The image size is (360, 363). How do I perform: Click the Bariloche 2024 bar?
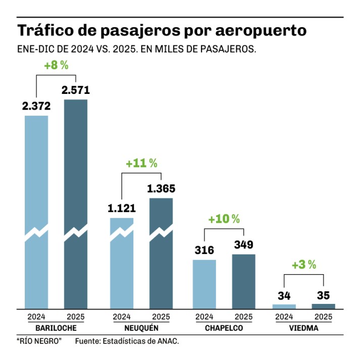click(x=37, y=212)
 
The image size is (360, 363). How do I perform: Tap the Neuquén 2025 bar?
click(x=161, y=252)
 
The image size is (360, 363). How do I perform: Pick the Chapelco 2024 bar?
click(x=204, y=283)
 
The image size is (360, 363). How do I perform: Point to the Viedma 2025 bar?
click(x=323, y=306)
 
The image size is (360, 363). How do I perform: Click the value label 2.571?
click(x=76, y=90)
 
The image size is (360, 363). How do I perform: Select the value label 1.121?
click(x=122, y=208)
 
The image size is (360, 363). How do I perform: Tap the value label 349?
click(x=243, y=245)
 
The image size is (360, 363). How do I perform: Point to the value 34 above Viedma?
click(x=284, y=295)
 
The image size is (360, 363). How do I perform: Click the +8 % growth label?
click(x=56, y=65)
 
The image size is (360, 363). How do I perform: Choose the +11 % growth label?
click(x=141, y=164)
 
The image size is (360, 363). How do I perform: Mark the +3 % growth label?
click(x=303, y=264)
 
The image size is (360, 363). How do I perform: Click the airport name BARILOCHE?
click(x=56, y=328)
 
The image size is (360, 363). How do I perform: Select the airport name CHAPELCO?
click(x=224, y=328)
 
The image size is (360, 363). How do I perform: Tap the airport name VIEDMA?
click(x=303, y=328)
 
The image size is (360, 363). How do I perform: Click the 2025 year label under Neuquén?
click(x=161, y=317)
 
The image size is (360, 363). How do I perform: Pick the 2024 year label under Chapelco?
click(x=204, y=317)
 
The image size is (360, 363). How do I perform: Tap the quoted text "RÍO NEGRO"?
click(x=39, y=342)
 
